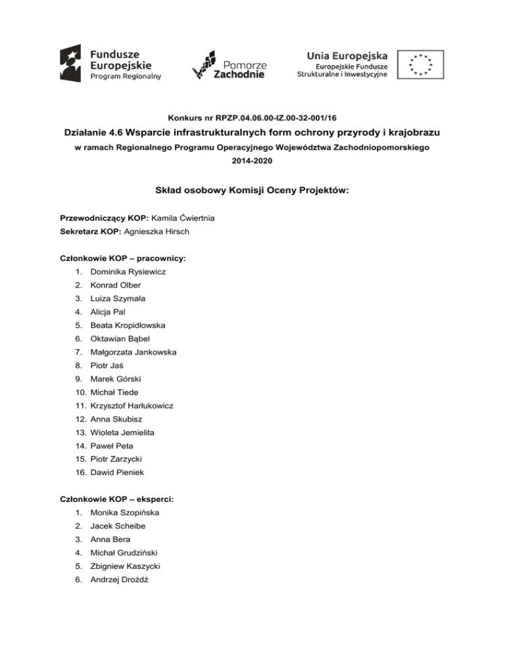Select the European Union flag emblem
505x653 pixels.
(420, 64)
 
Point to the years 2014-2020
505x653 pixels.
(252, 162)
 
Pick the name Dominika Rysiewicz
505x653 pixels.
(128, 272)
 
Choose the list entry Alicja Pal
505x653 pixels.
(109, 312)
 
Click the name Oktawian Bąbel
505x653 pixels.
(120, 339)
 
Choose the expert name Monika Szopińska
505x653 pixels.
(124, 512)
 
